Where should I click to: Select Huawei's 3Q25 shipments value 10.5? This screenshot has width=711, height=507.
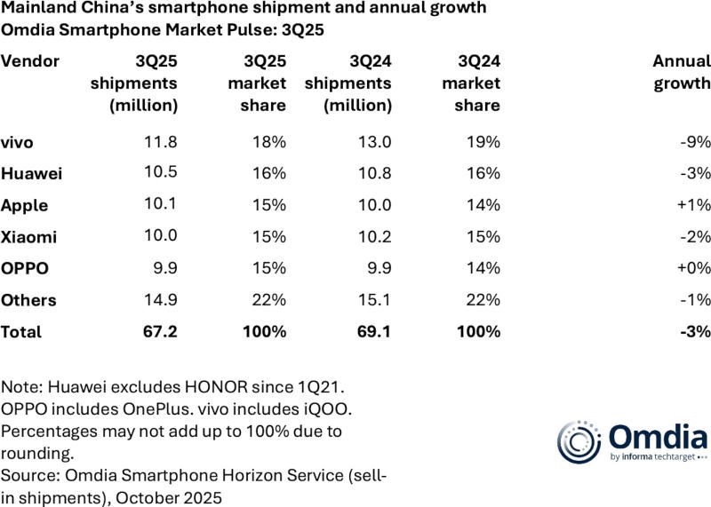pyautogui.click(x=160, y=173)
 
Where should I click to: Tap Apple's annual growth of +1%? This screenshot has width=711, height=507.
pyautogui.click(x=691, y=205)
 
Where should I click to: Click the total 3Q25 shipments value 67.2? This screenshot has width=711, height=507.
pyautogui.click(x=160, y=331)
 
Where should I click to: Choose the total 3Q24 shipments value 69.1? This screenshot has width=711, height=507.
pyautogui.click(x=373, y=331)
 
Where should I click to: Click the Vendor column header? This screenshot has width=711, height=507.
pyautogui.click(x=30, y=61)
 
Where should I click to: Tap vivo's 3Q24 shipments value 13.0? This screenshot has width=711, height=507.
pyautogui.click(x=373, y=142)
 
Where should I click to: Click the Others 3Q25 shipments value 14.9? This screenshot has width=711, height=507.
pyautogui.click(x=160, y=300)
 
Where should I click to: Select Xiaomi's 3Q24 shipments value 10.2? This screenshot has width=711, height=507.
pyautogui.click(x=373, y=237)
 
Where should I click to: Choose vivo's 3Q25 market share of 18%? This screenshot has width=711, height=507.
pyautogui.click(x=268, y=142)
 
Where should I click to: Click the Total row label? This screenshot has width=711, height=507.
pyautogui.click(x=21, y=331)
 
